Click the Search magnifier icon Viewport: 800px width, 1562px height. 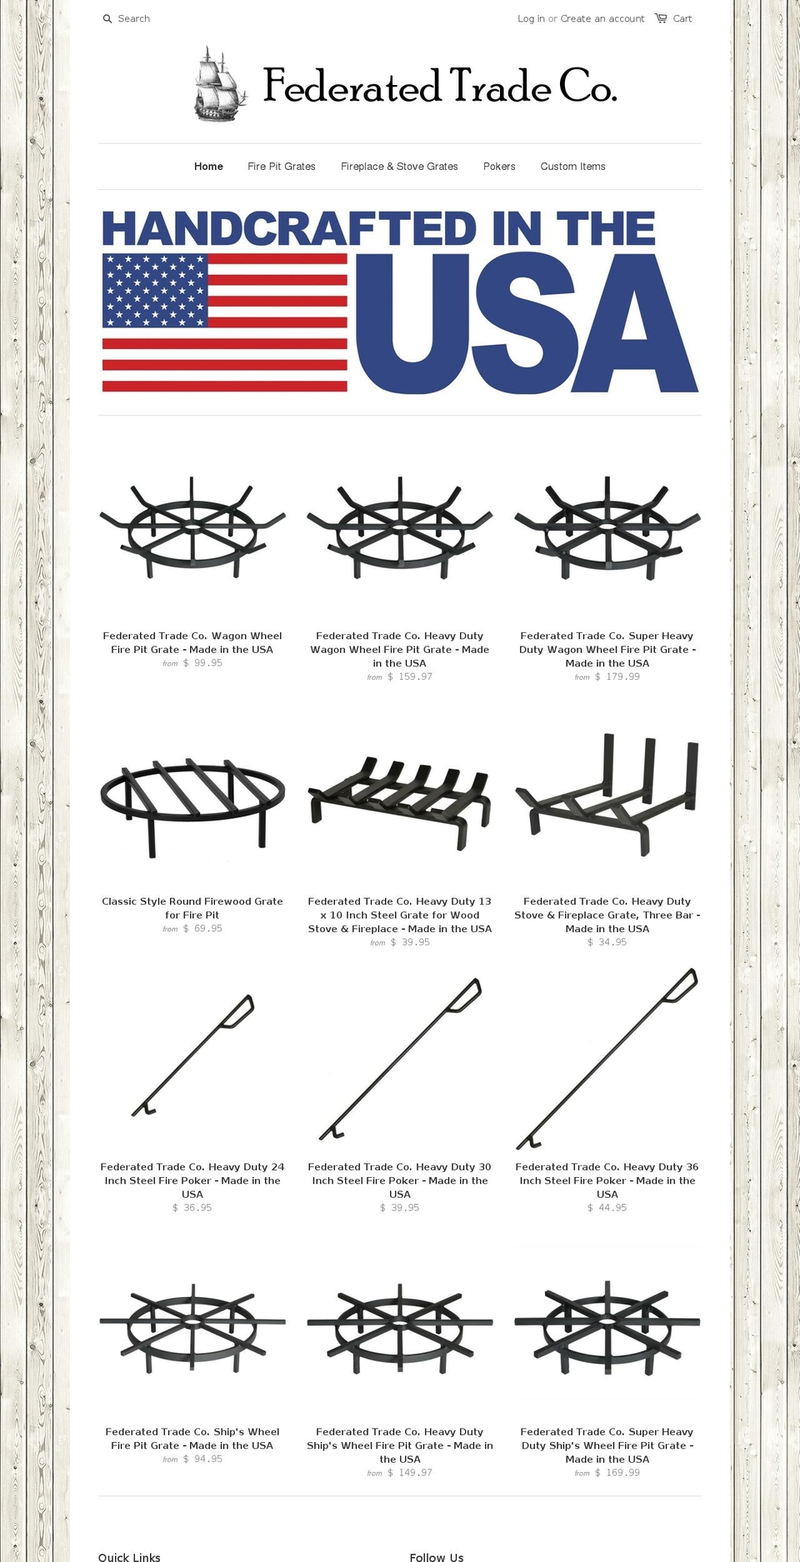107,18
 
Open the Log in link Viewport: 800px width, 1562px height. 531,18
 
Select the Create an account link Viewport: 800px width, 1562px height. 602,18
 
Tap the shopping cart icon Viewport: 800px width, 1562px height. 661,17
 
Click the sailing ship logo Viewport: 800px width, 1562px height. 220,84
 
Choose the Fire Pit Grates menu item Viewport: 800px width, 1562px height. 282,167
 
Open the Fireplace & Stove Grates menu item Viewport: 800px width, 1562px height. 399,167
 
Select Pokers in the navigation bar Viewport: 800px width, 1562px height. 499,167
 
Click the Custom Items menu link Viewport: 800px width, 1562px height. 572,167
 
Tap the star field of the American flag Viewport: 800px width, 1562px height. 154,291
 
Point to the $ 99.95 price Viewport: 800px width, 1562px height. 202,663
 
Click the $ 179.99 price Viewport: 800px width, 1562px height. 617,676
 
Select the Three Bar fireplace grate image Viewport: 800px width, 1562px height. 607,794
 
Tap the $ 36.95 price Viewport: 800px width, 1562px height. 192,1207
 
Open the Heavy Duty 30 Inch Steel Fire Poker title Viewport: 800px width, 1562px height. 400,1180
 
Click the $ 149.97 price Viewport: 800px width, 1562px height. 410,1473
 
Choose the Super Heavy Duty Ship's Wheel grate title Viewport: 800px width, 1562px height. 607,1445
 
